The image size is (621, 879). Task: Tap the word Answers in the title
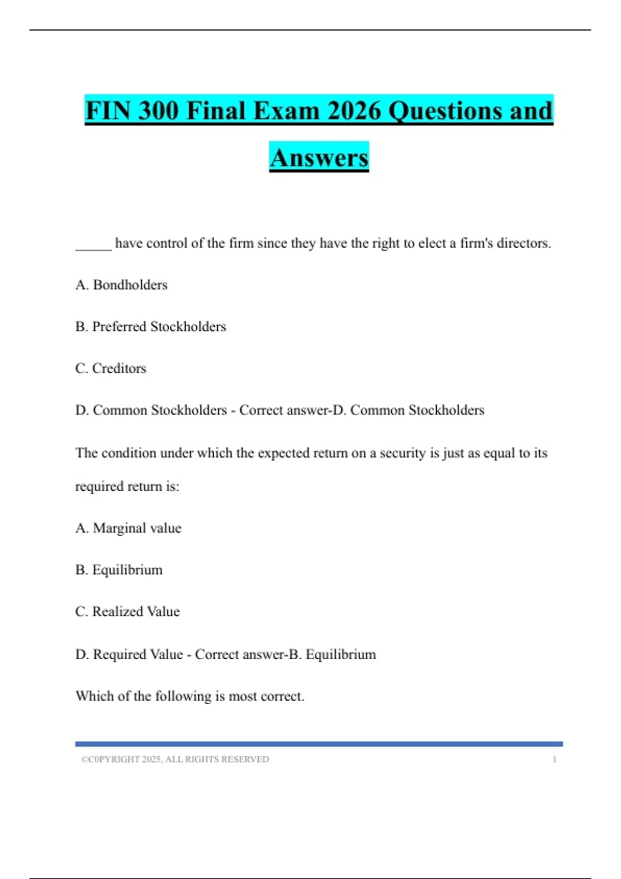(x=319, y=158)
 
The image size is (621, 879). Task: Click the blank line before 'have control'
(x=93, y=244)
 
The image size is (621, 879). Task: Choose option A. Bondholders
(x=122, y=285)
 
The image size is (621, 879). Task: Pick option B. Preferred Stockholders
(x=151, y=327)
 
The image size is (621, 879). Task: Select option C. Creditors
(x=111, y=368)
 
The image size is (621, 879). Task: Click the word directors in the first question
(x=523, y=243)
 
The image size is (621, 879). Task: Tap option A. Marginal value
(x=128, y=528)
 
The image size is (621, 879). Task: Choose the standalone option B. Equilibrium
(x=119, y=570)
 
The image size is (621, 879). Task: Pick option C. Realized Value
(x=127, y=612)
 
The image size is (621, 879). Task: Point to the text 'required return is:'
(x=127, y=487)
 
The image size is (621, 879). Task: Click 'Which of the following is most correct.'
(x=190, y=696)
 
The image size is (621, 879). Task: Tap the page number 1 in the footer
(x=555, y=760)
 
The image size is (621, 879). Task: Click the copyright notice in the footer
(x=175, y=760)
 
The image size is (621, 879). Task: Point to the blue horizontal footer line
(x=319, y=744)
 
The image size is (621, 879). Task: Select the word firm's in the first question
(x=476, y=243)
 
